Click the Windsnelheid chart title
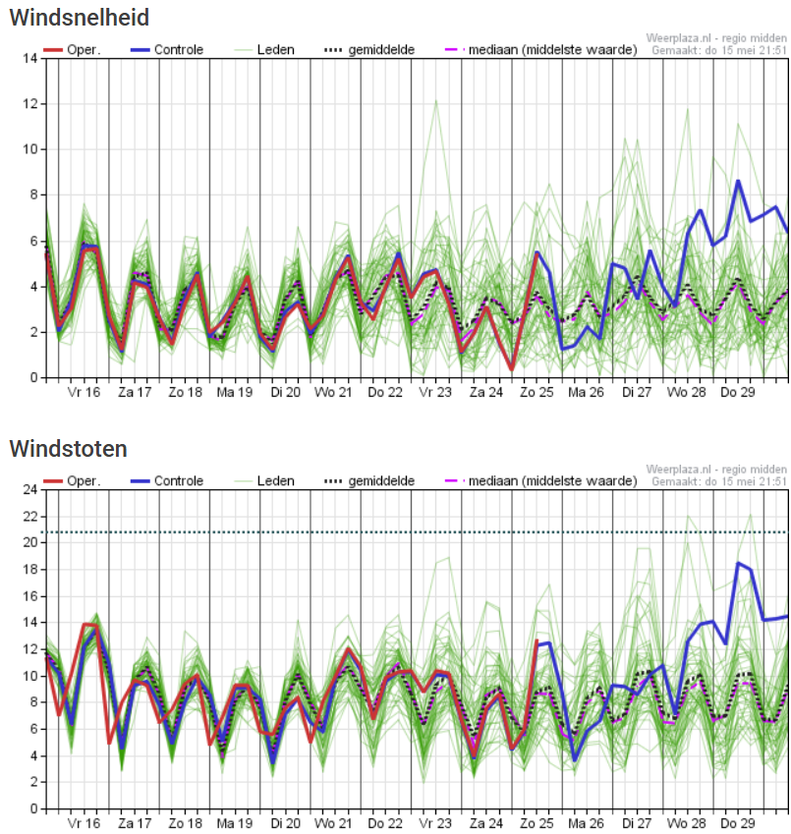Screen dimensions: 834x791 click(x=80, y=18)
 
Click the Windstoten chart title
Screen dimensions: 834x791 click(x=68, y=449)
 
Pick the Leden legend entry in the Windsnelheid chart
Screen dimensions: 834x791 click(x=274, y=49)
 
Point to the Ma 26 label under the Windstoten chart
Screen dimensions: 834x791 click(x=586, y=823)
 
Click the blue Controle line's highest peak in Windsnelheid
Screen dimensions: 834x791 click(x=738, y=181)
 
